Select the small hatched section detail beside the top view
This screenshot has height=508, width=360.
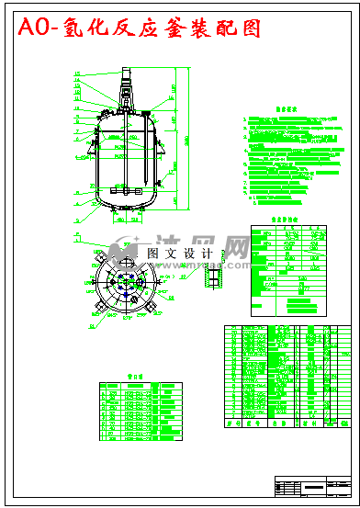pos(214,276)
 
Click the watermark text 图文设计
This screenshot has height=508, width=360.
pos(180,253)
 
